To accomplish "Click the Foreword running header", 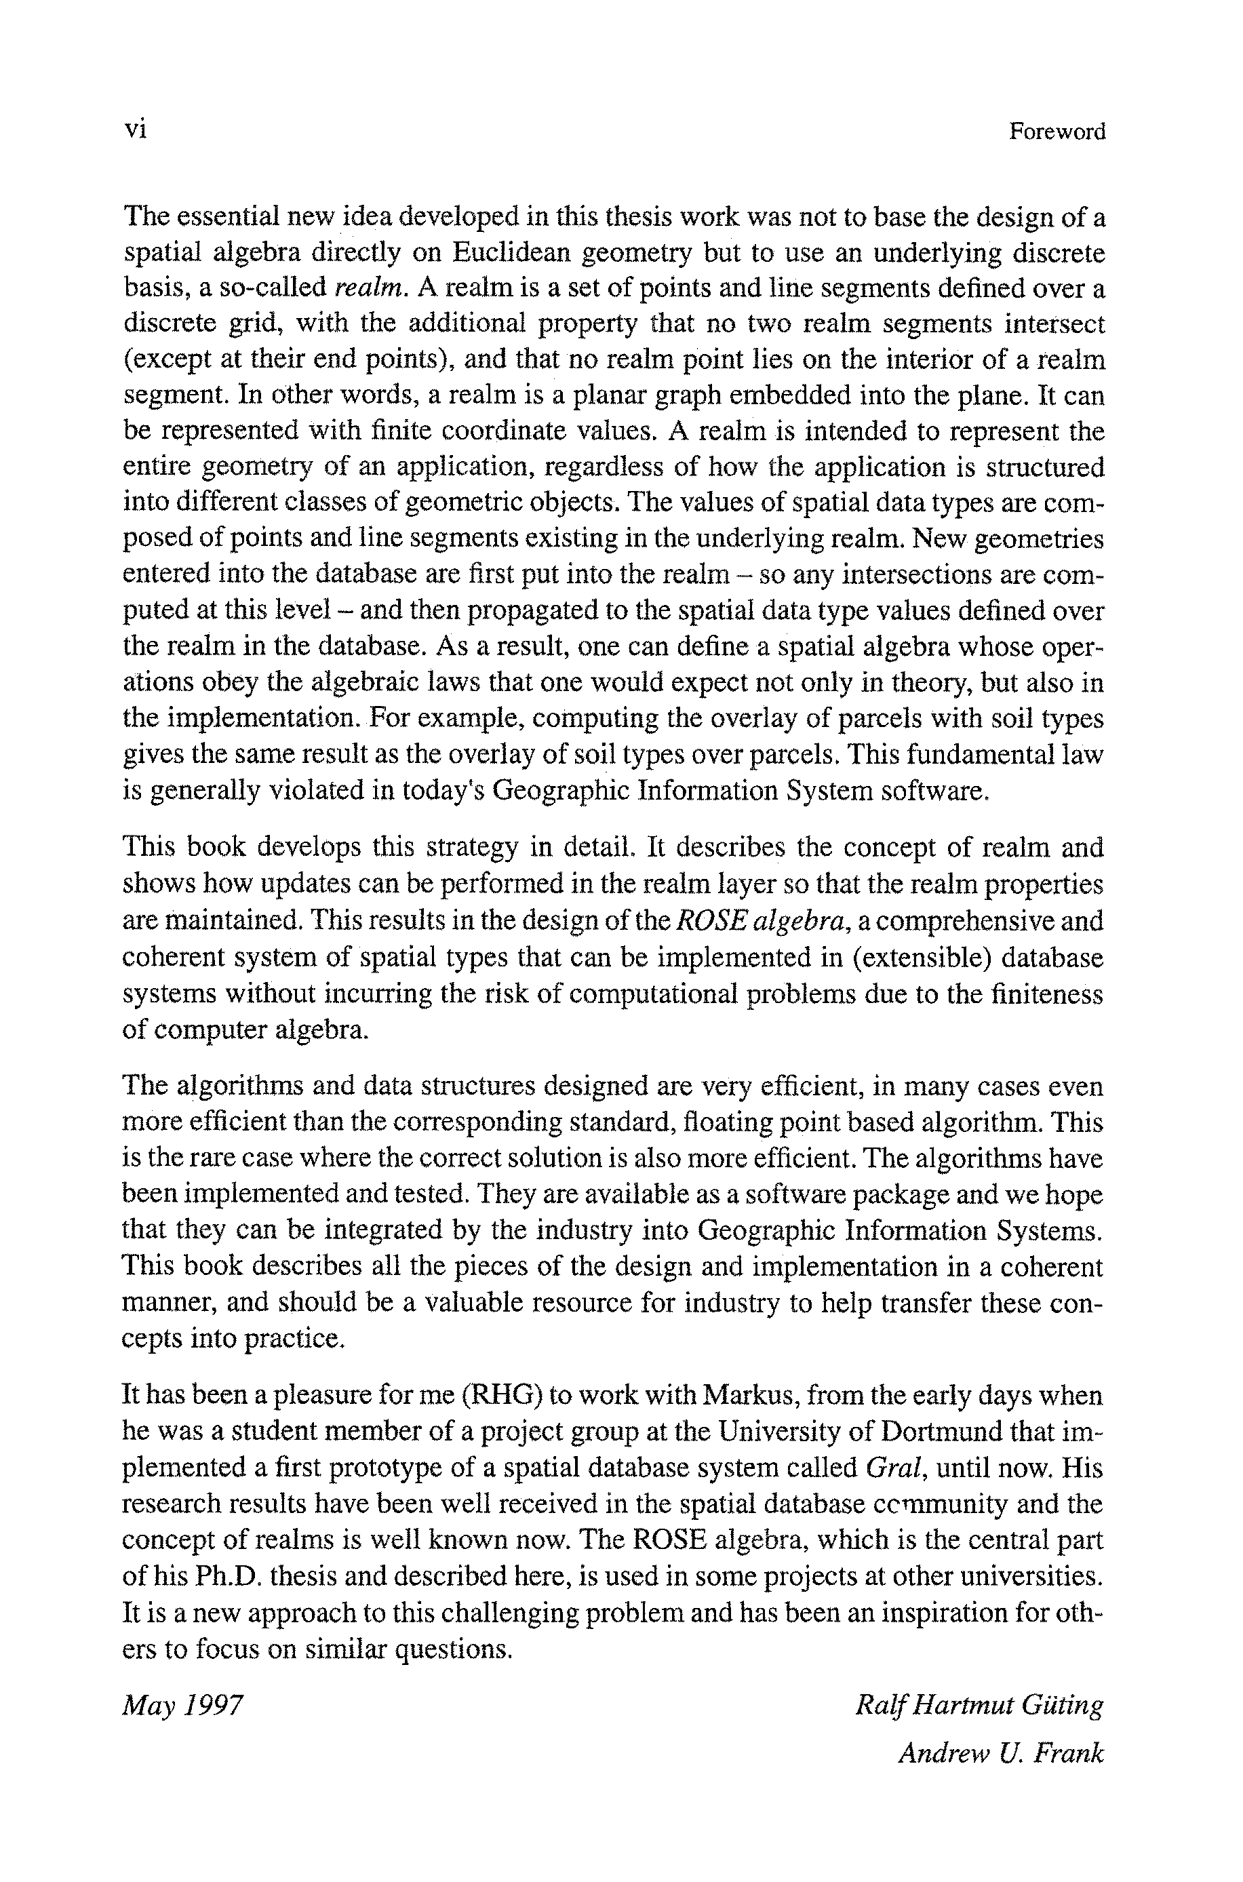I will [1057, 131].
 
